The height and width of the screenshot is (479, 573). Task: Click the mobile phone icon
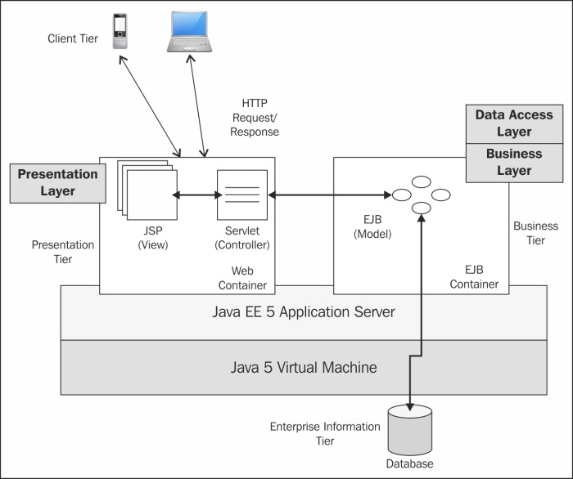pyautogui.click(x=120, y=32)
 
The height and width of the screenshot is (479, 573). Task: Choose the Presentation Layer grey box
pyautogui.click(x=57, y=182)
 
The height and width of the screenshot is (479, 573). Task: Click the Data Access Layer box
pyautogui.click(x=514, y=123)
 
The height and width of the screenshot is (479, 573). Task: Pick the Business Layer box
pyautogui.click(x=514, y=162)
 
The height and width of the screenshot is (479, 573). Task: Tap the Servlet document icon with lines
pyautogui.click(x=241, y=194)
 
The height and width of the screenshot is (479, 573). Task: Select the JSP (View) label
pyautogui.click(x=148, y=236)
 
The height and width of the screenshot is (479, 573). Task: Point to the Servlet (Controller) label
pyautogui.click(x=241, y=236)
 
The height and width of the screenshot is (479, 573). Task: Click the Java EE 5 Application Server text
pyautogui.click(x=304, y=311)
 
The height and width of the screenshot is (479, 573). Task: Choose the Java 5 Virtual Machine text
pyautogui.click(x=304, y=367)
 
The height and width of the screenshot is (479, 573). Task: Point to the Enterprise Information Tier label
pyautogui.click(x=325, y=433)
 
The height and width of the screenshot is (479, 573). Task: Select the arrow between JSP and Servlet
pyautogui.click(x=196, y=195)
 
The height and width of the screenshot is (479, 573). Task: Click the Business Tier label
pyautogui.click(x=535, y=233)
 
